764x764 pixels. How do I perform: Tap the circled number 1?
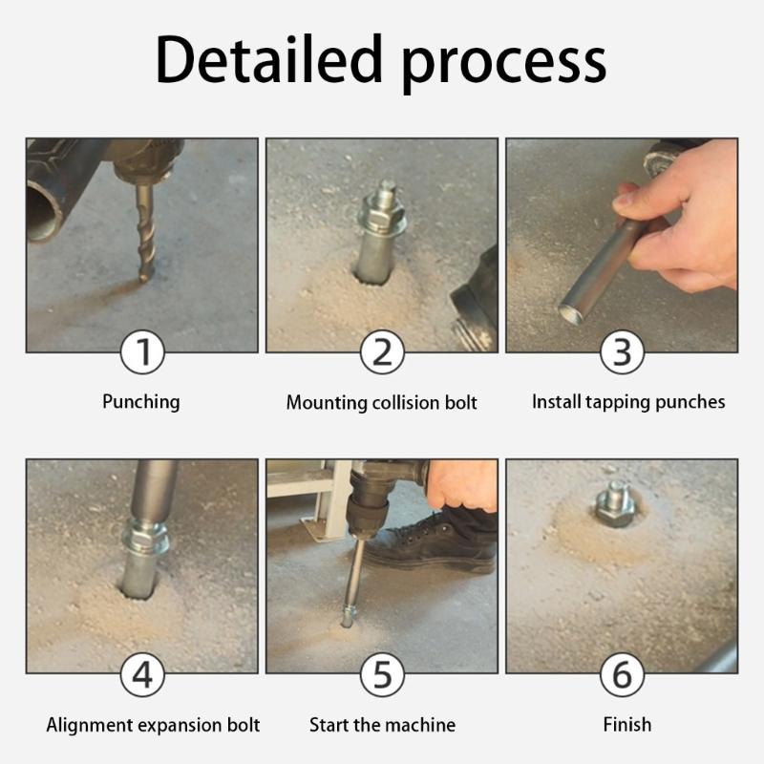coord(141,353)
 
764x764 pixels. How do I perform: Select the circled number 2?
coord(382,353)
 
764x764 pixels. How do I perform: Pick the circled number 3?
coord(622,353)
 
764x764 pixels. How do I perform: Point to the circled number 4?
coord(141,675)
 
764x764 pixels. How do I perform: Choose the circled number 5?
coord(382,675)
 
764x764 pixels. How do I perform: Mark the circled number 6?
coord(622,675)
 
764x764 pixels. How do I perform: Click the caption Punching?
coord(141,401)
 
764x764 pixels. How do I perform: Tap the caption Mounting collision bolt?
coord(382,402)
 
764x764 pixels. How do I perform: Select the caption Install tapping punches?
coord(627,401)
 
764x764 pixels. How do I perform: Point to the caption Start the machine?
coord(382,725)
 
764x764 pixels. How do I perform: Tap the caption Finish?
coord(626,725)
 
